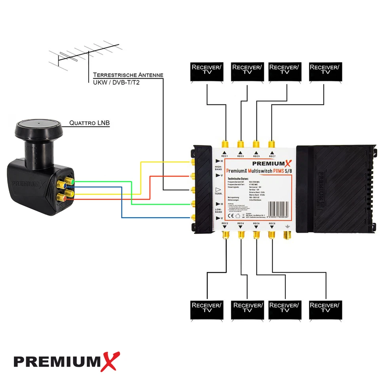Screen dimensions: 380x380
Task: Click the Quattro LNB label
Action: [89, 123]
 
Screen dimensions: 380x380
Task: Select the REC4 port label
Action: [240, 224]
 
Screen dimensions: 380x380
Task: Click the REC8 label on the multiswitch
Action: [272, 224]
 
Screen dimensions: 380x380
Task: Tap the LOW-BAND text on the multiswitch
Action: [219, 210]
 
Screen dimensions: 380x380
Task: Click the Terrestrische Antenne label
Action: [128, 75]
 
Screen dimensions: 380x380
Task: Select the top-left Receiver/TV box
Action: [206, 72]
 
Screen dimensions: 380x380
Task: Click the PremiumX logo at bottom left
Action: [67, 361]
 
